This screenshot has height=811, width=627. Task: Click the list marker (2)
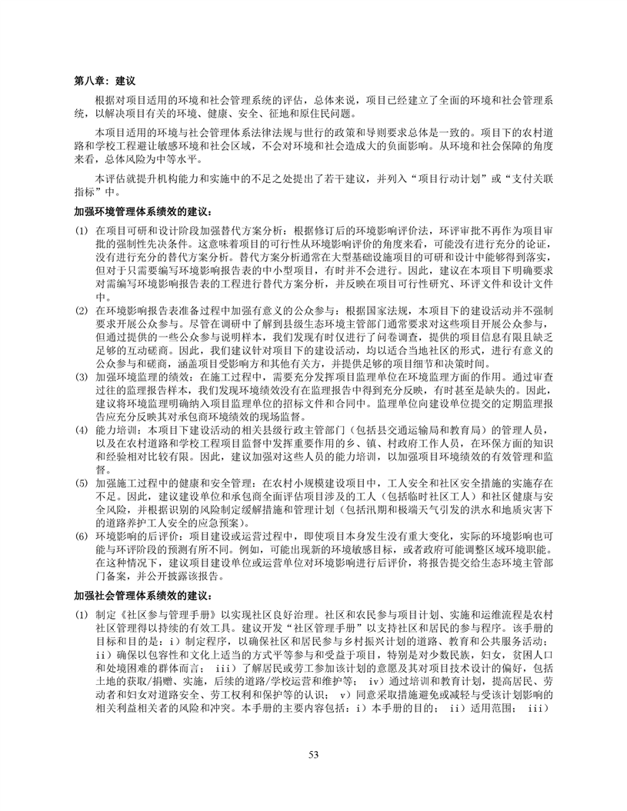click(80, 310)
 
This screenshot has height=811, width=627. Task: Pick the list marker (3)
click(80, 379)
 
